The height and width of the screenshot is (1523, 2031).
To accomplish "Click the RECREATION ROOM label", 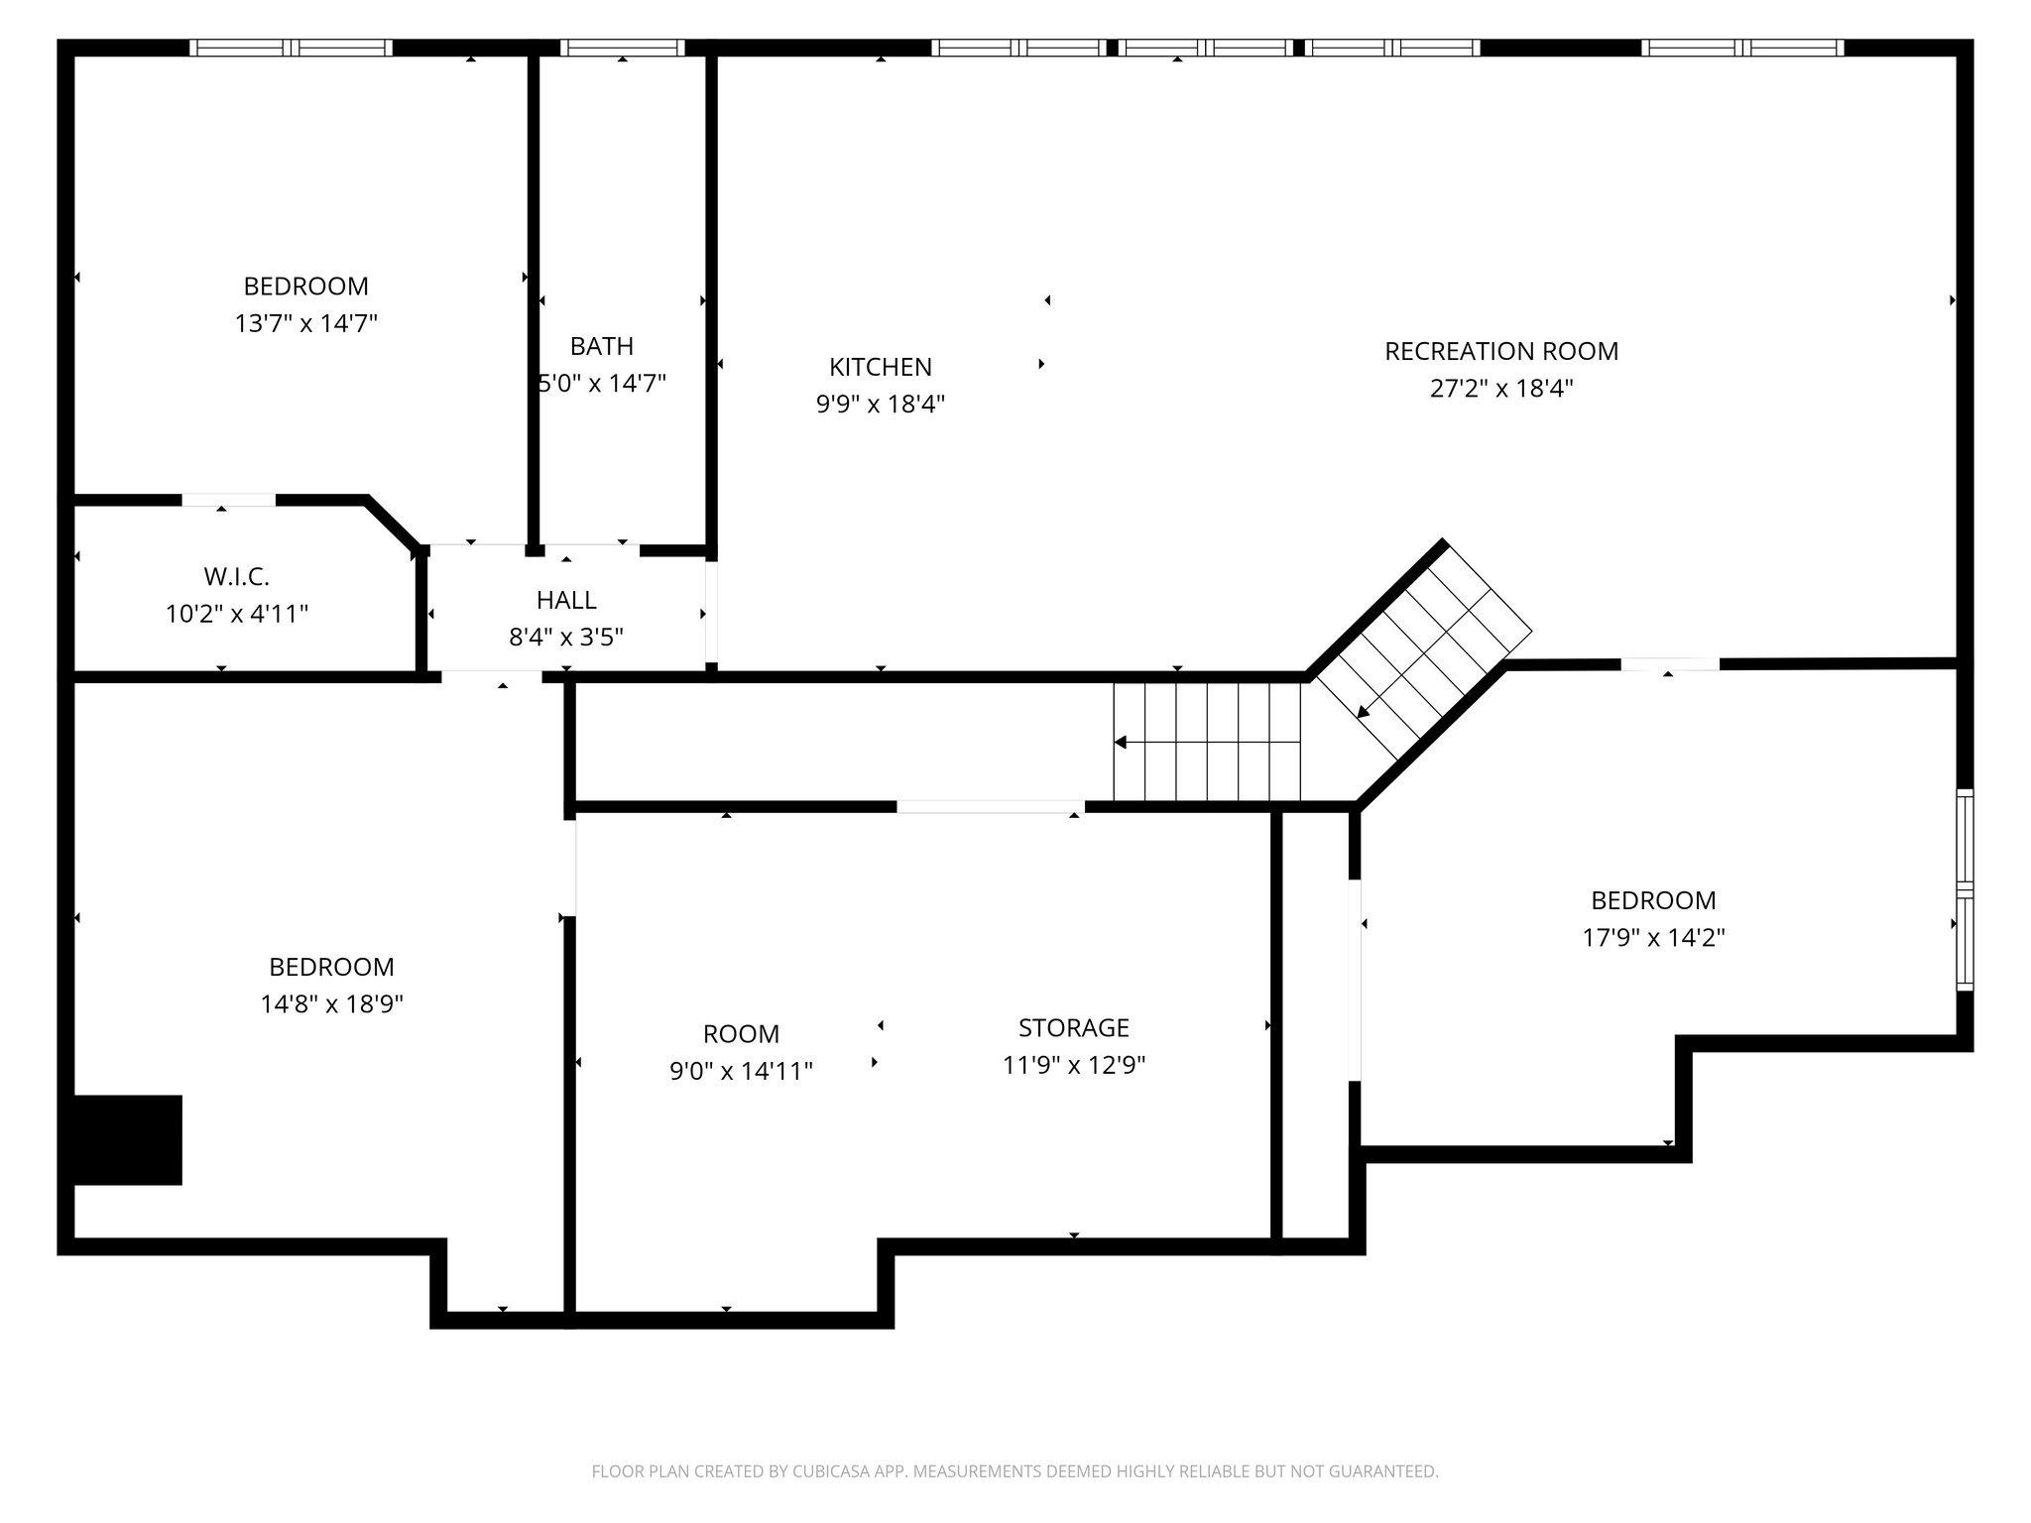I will pos(1500,351).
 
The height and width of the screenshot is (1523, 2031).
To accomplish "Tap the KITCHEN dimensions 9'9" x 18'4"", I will pos(880,405).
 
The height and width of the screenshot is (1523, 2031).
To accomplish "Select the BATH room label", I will pos(601,346).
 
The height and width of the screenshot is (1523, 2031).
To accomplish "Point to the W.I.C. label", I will pos(236,576).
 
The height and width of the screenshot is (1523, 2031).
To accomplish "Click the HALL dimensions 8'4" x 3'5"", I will pos(565,637).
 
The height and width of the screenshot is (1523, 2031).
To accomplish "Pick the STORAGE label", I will pos(1073,1027).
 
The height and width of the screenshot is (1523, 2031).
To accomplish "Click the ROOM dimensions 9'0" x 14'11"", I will pos(741,1071).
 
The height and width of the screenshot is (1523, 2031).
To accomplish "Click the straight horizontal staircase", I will pos(1206,742).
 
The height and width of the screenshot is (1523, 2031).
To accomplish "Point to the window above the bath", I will pos(622,48).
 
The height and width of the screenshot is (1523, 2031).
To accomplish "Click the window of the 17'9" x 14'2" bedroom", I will pos(1964,889).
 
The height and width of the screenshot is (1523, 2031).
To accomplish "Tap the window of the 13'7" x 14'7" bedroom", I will pos(291,48).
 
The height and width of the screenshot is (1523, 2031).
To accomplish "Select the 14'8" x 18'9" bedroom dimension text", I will pos(331,1004).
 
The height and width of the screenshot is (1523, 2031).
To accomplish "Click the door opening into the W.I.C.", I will pos(228,500).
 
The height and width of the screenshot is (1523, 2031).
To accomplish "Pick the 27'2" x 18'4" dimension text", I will pos(1500,389).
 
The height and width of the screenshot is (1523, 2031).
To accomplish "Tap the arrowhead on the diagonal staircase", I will pos(1364,711).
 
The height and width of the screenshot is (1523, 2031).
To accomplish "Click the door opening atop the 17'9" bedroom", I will pos(1669,664).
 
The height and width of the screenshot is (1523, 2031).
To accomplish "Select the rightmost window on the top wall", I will pos(1742,48).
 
